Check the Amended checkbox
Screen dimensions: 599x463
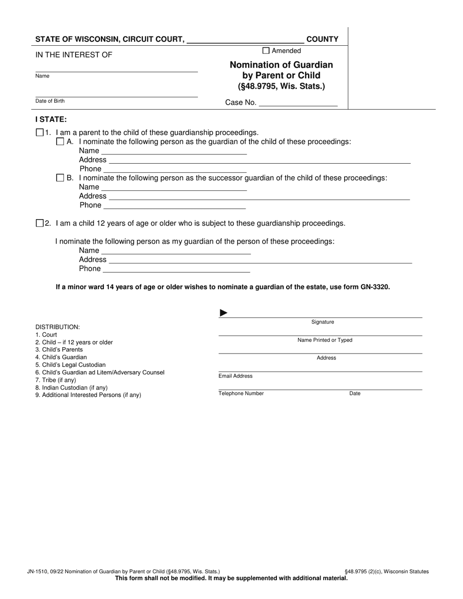pos(266,51)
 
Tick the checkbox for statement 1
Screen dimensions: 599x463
pos(39,132)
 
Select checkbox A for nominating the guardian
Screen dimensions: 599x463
pos(60,142)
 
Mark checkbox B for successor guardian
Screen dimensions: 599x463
pos(60,178)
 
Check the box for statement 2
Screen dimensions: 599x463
pos(39,223)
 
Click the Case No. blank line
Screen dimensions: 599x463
pos(298,103)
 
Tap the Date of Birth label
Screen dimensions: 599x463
pos(50,101)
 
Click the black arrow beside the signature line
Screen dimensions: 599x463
pos(224,313)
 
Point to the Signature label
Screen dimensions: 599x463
pos(323,322)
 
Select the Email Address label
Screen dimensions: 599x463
pos(235,376)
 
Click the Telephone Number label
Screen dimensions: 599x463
pos(241,393)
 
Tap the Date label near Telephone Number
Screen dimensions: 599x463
pos(355,393)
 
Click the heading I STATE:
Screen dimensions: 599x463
pos(51,119)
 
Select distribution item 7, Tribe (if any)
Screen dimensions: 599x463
pos(56,380)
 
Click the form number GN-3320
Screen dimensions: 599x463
pos(375,287)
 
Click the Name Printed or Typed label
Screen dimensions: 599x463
pos(325,340)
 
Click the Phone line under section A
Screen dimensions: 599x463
pos(175,169)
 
